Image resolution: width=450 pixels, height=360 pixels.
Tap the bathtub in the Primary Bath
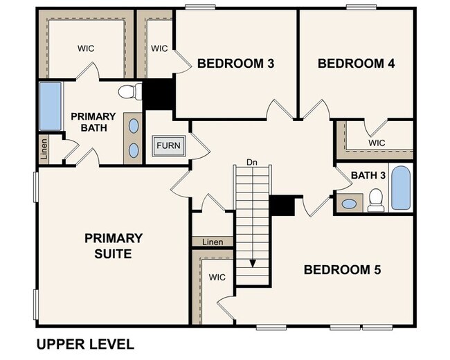pos(50,107)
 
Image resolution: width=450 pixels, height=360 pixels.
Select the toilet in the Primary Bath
pos(129,91)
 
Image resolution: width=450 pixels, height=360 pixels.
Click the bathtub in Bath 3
pos(401,188)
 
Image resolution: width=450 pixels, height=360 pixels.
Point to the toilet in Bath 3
pos(376,199)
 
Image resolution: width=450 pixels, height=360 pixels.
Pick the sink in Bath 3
pos(350,204)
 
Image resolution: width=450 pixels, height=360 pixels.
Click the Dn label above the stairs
pos(251,163)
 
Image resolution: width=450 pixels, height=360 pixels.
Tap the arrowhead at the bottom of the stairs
pos(252,263)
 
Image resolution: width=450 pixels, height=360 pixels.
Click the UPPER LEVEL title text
pos(84,344)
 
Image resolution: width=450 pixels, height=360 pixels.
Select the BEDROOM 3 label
pos(236,64)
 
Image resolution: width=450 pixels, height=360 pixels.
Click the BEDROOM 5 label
pos(342,269)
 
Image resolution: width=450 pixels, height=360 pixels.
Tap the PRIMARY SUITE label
pos(114,246)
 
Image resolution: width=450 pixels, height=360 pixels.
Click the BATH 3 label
pos(368,175)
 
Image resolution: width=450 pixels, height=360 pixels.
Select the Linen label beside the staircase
pos(213,242)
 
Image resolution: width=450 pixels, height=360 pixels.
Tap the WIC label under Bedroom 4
pos(377,143)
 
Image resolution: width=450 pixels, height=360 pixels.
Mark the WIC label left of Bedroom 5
pos(217,278)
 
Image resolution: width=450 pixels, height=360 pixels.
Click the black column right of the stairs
pos(282,206)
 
